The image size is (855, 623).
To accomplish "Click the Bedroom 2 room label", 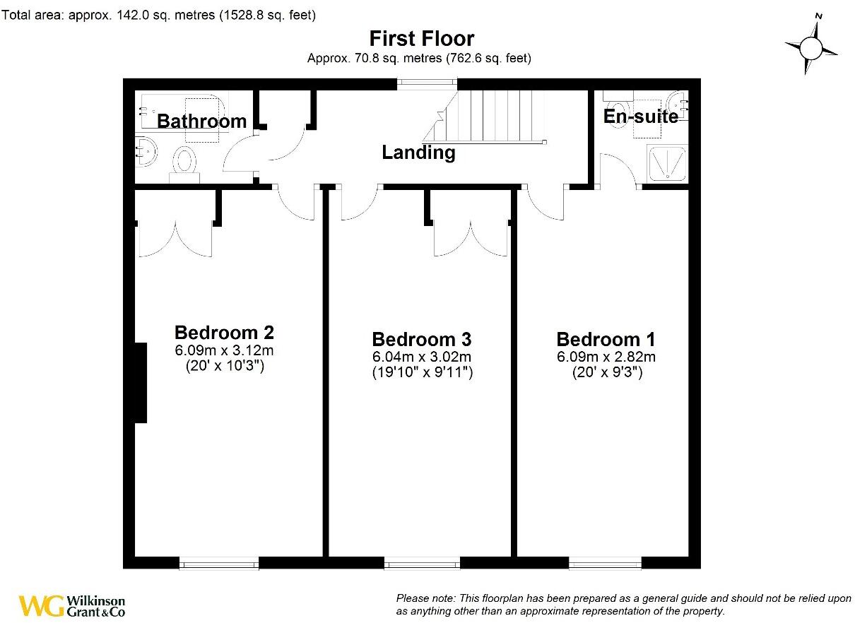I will pos(224,332).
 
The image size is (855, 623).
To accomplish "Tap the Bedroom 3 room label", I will pos(421,339).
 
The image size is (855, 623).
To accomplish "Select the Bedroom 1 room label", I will pos(606,339).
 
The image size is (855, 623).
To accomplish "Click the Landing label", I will pos(418,152).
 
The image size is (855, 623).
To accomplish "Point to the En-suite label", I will pos(640,117).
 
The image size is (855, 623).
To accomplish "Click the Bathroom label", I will pos(201,121).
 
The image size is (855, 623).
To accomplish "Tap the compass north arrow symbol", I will pos(813,48).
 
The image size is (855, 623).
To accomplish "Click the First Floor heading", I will pos(422,38).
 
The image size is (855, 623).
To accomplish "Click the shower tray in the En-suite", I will pos(666,163).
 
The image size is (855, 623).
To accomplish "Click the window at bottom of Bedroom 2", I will pos(219,563).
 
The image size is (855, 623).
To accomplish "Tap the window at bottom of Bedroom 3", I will pos(422,563).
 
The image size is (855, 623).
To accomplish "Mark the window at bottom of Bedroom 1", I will pos(606,563).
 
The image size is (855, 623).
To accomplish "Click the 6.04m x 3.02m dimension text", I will pos(422,357).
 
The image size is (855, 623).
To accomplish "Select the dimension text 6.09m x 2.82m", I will pos(606,357).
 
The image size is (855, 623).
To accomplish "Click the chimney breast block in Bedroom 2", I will pos(141,383).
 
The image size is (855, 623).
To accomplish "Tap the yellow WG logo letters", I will pos(41,605).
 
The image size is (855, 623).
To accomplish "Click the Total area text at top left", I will pos(159,15).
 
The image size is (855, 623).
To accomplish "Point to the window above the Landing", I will pos(426,83).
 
